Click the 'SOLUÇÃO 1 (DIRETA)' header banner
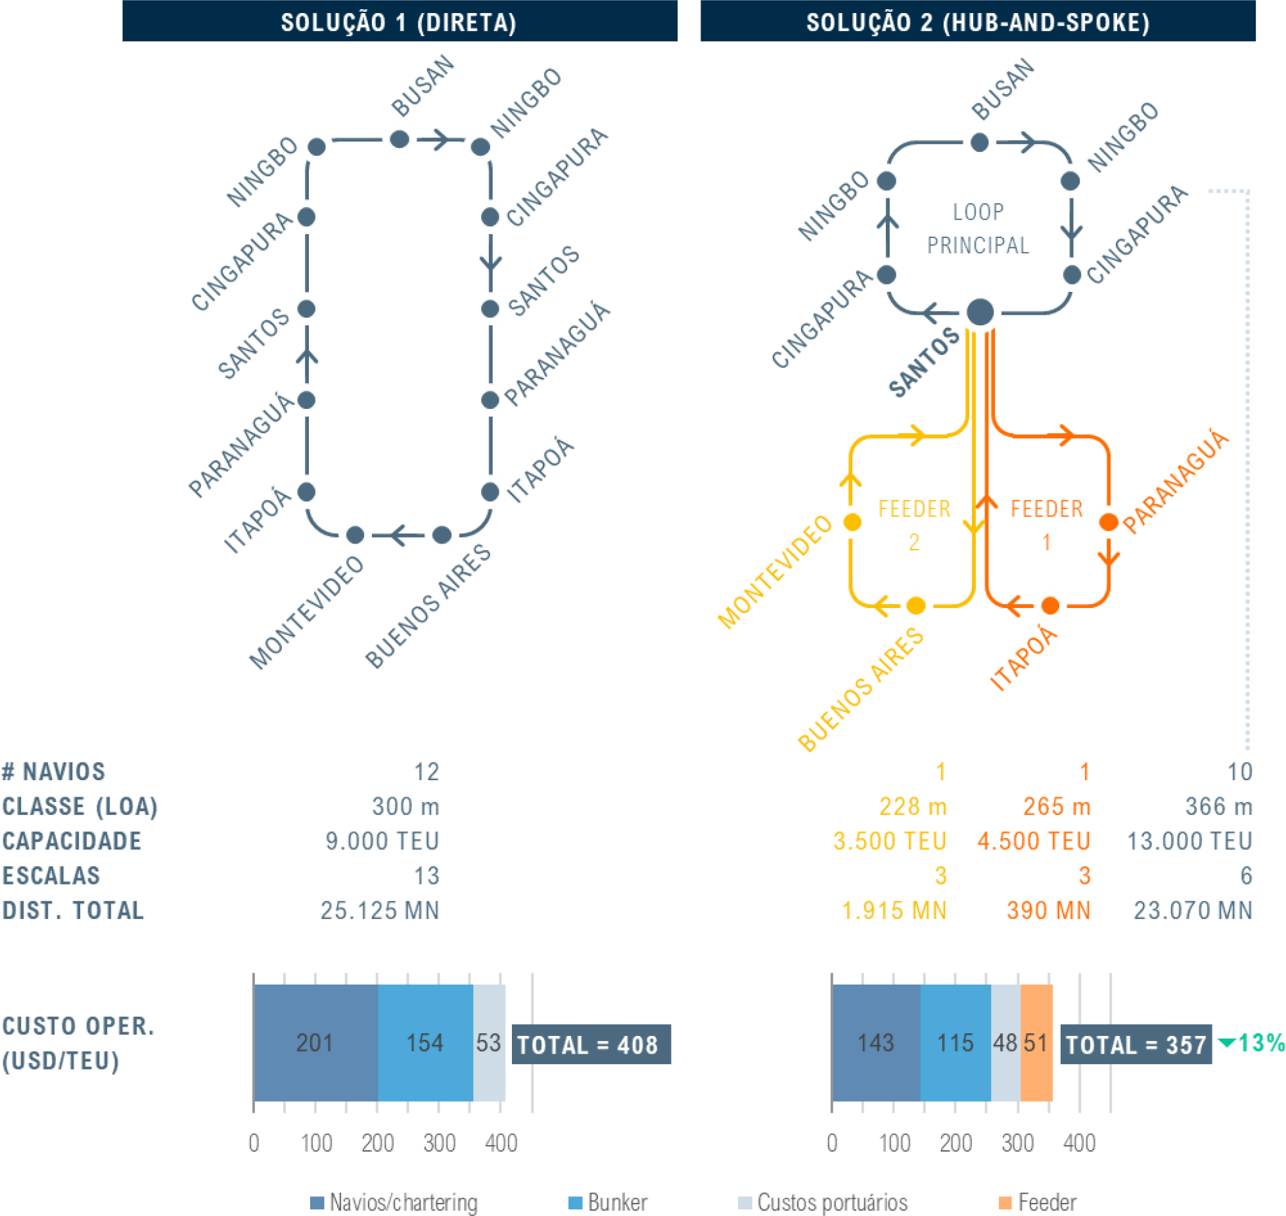pyautogui.click(x=400, y=21)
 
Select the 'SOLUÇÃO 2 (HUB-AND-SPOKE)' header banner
pyautogui.click(x=978, y=21)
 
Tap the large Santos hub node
pyautogui.click(x=980, y=312)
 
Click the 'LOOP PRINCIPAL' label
pyautogui.click(x=978, y=228)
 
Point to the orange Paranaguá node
pyautogui.click(x=1109, y=522)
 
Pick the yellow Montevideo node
pyautogui.click(x=852, y=522)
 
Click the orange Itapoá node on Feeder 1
pyautogui.click(x=1050, y=605)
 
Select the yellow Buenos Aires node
pyautogui.click(x=916, y=605)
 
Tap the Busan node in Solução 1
pyautogui.click(x=400, y=139)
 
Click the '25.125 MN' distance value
pyautogui.click(x=380, y=910)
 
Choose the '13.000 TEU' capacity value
pyautogui.click(x=1189, y=841)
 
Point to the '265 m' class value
pyautogui.click(x=1057, y=807)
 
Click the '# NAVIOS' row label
pyautogui.click(x=53, y=772)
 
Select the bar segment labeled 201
pyautogui.click(x=316, y=1042)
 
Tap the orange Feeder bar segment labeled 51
pyautogui.click(x=1036, y=1042)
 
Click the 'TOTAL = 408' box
pyautogui.click(x=591, y=1044)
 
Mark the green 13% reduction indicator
pyautogui.click(x=1252, y=1042)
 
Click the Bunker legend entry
pyautogui.click(x=608, y=1202)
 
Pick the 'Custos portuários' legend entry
pyautogui.click(x=823, y=1202)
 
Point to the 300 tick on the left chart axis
pyautogui.click(x=439, y=1143)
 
